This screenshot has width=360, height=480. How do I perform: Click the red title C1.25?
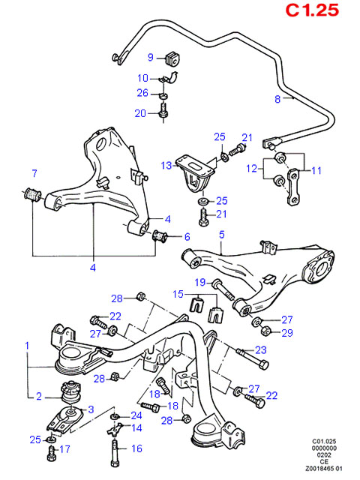coord(312,10)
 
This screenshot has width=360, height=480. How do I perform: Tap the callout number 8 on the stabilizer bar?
coord(277,98)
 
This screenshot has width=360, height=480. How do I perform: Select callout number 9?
coord(150,58)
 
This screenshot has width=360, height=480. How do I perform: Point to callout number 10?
coord(143,78)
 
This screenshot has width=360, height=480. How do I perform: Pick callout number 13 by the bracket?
coord(166,165)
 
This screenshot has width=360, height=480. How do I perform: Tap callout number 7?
coord(34,174)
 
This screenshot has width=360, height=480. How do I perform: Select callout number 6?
coord(187,237)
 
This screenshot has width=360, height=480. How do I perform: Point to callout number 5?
coord(222,235)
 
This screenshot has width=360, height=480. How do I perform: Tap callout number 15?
coord(178,293)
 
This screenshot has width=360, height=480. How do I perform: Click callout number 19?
coord(200,282)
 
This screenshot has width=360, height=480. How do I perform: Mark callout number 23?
coord(261,349)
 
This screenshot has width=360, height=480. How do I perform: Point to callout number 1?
coord(27,346)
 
